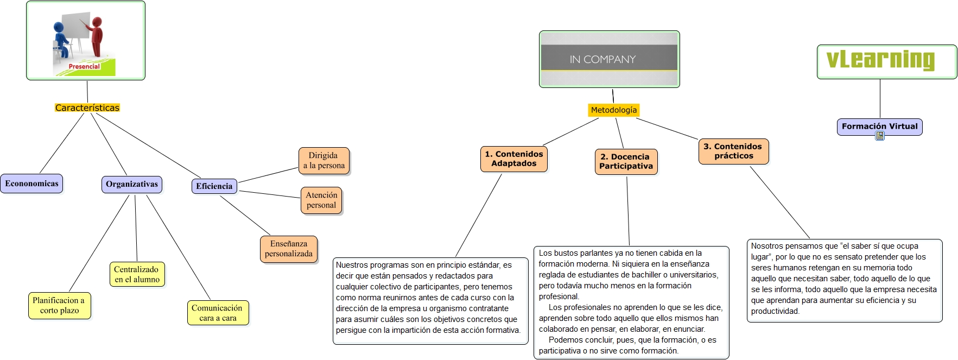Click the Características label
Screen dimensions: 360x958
tap(87, 108)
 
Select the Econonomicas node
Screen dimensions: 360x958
tap(31, 184)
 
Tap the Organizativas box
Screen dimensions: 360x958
tap(132, 185)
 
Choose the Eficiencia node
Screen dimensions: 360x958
tap(214, 186)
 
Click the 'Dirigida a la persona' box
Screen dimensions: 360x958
tap(324, 161)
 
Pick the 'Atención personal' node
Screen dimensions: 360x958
tap(321, 200)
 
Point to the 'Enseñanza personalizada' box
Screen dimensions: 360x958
tap(289, 249)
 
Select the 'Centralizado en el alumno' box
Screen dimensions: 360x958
tap(137, 274)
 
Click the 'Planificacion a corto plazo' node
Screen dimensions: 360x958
tap(59, 305)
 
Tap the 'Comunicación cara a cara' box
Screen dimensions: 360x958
tap(217, 313)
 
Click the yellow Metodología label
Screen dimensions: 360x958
tap(614, 110)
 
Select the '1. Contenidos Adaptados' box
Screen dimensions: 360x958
tap(513, 159)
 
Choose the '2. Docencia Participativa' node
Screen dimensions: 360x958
tap(626, 161)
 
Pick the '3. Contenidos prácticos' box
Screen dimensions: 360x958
tap(733, 151)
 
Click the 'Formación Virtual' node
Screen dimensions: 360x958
tap(879, 127)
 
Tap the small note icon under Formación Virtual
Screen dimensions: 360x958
tap(880, 136)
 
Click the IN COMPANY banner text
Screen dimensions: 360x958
tap(602, 59)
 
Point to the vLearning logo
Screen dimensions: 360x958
tap(880, 60)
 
